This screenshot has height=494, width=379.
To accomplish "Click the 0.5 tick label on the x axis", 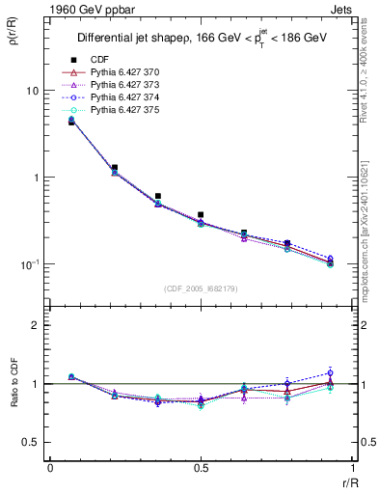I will [201, 467].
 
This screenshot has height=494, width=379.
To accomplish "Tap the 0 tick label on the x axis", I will [49, 467].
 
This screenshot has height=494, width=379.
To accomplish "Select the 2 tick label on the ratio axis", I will [36, 325].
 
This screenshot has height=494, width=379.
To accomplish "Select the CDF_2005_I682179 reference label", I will [200, 288].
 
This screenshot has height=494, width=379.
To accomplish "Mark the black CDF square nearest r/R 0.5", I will [201, 215].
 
